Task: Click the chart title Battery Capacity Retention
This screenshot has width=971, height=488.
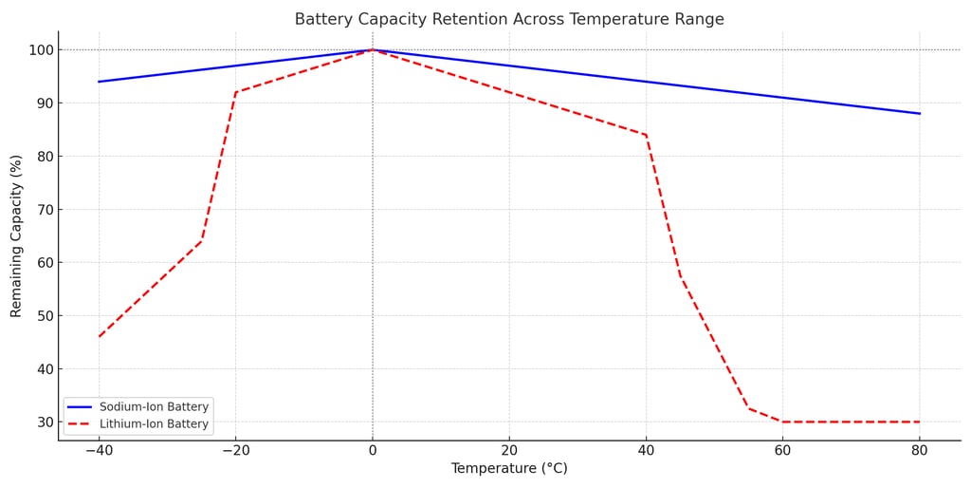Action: click(508, 19)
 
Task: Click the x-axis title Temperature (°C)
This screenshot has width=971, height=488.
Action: click(508, 469)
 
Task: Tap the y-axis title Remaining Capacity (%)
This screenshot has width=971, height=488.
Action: click(16, 235)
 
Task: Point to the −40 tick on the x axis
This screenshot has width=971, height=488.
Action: click(99, 450)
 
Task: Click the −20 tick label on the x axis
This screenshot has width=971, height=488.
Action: click(235, 450)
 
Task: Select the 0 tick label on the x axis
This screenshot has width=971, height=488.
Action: click(373, 450)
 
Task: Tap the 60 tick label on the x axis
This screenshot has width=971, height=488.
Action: click(782, 450)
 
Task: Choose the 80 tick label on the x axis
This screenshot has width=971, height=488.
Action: click(919, 450)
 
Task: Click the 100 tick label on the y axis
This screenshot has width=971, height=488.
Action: click(39, 49)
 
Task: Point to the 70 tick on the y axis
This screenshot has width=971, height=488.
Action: click(44, 209)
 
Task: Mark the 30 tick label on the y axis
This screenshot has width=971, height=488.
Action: click(44, 422)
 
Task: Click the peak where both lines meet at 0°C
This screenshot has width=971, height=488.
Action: click(373, 49)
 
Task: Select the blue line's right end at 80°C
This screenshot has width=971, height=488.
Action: click(919, 114)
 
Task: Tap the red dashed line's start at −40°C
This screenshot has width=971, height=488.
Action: click(99, 336)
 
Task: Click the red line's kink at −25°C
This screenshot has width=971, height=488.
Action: click(201, 241)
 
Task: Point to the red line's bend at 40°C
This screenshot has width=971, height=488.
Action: click(646, 135)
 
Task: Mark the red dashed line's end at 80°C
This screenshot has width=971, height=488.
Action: click(919, 422)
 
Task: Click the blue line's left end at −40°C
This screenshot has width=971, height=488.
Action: click(99, 82)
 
